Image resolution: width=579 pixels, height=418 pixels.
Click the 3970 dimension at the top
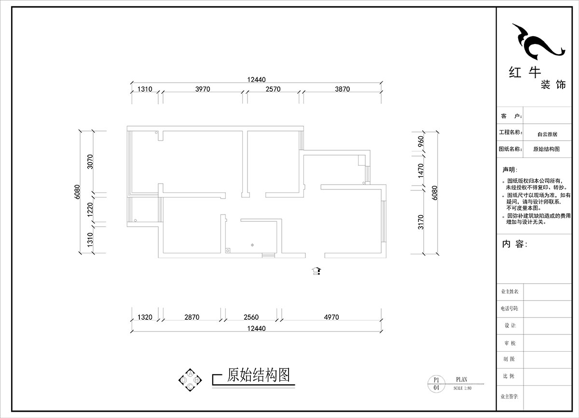coord(202,89)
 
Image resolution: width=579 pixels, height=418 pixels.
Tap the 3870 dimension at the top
coord(340,89)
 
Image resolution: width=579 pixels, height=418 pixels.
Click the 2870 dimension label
coord(192,317)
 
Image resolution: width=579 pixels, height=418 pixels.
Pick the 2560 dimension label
coord(251,317)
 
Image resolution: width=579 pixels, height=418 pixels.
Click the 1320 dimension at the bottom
coord(145,317)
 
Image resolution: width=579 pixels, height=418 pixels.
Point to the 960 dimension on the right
coord(420,142)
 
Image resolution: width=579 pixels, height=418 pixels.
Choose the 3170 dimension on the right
coord(420,221)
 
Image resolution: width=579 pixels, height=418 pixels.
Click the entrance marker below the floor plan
coord(317,271)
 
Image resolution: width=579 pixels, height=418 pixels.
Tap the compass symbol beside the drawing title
coord(190,380)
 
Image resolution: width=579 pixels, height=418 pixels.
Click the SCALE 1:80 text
coord(462,388)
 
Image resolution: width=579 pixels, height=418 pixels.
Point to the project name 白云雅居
coord(547,134)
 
